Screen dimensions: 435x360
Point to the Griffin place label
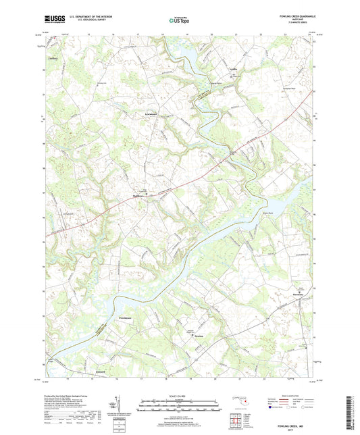point(233,68)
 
